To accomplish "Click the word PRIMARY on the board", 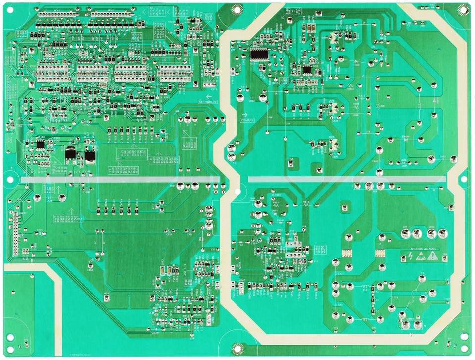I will point(246,120).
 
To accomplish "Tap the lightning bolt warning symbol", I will point(410,256).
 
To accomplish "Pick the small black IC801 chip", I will point(308,70).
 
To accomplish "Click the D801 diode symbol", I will point(357,64).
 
